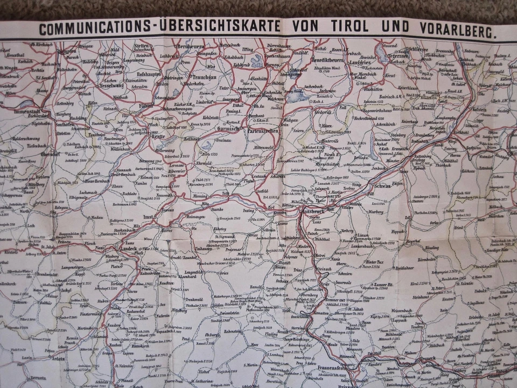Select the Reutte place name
coord(141,137)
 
